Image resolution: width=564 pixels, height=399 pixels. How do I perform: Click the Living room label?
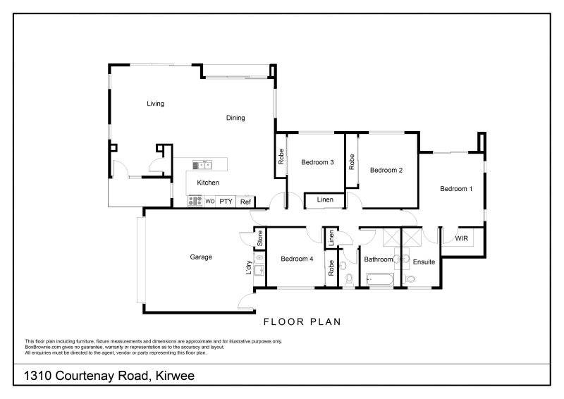155,104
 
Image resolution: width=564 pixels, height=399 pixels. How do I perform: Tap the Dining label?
235,118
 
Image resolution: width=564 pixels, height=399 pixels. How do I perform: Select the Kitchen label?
208,183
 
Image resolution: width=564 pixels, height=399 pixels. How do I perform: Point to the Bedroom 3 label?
317,163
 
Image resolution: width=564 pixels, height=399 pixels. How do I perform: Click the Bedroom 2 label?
386,169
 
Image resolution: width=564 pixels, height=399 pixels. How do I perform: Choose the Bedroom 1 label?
456,189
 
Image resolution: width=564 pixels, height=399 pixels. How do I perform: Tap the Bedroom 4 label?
297,259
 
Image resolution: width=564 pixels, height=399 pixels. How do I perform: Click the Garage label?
201,257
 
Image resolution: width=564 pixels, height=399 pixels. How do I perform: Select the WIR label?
462,239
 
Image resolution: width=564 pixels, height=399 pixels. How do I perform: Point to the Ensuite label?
424,262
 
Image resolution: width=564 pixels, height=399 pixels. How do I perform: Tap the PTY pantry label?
226,202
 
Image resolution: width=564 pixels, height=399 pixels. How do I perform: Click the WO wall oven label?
209,202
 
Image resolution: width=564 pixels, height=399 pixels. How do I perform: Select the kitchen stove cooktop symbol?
195,201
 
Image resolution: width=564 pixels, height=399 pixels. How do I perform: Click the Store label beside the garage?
259,238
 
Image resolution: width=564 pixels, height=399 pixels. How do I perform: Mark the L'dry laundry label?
249,269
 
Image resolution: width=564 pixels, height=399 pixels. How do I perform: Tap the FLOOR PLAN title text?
302,322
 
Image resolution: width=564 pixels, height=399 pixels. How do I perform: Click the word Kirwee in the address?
171,376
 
